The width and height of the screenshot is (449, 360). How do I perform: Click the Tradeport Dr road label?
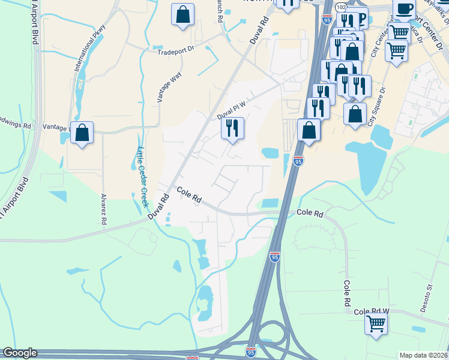pos(176,52)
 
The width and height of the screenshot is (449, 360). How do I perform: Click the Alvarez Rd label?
pos(104,209)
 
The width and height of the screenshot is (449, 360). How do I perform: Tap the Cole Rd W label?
pos(372,311)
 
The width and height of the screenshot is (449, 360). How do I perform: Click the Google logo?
pos(20,353)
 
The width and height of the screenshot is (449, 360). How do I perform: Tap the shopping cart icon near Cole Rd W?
pos(376,323)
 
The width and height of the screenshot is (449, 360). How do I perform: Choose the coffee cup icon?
pos(405,10)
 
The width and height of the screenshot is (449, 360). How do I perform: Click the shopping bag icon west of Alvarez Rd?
pos(82,133)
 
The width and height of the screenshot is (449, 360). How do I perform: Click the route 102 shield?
pos(341,7)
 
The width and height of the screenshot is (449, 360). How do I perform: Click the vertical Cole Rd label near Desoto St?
pos(347,294)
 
